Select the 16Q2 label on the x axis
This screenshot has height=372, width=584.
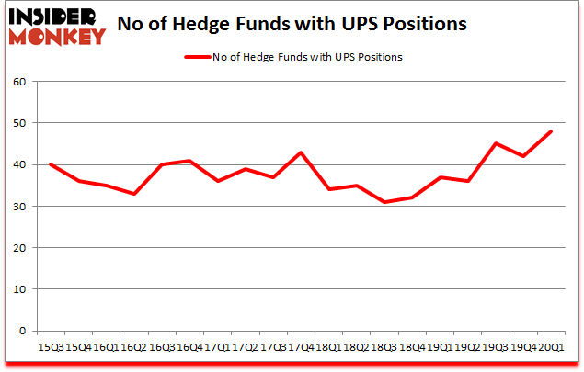pyautogui.click(x=135, y=348)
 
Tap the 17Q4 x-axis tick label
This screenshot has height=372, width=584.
pyautogui.click(x=300, y=348)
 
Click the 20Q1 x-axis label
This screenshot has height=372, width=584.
pyautogui.click(x=552, y=348)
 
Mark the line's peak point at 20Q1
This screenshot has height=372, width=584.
pyautogui.click(x=552, y=131)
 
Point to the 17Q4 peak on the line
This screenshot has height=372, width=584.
pyautogui.click(x=300, y=152)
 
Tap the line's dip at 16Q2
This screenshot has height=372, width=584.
pyautogui.click(x=135, y=194)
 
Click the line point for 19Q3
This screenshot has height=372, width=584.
pyautogui.click(x=496, y=143)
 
